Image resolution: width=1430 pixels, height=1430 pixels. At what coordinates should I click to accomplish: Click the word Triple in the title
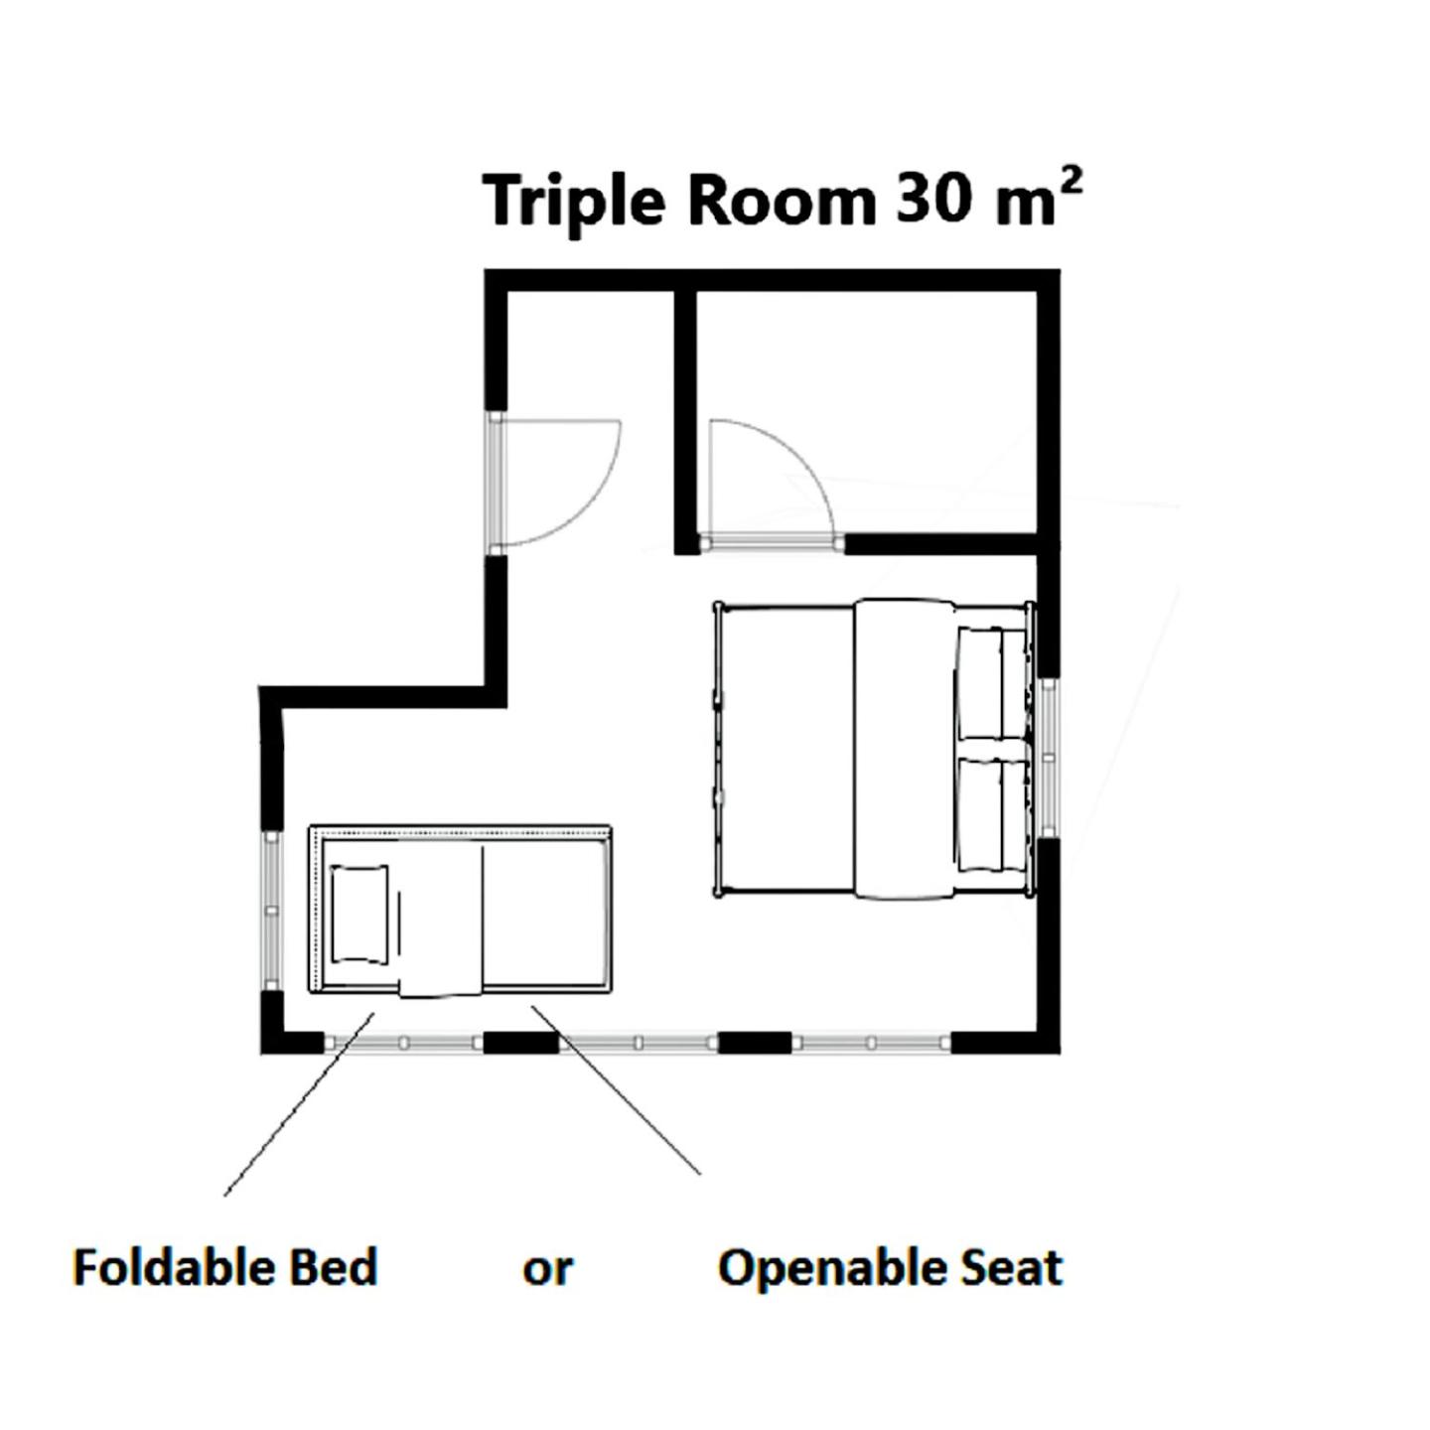click(571, 203)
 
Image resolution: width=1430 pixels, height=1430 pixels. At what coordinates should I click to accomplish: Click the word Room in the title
click(783, 201)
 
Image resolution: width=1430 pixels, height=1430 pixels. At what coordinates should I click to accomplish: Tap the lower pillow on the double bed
click(991, 813)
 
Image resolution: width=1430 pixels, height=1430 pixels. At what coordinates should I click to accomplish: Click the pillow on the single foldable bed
click(359, 915)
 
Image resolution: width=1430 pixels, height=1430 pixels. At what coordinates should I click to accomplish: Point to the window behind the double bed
click(1048, 758)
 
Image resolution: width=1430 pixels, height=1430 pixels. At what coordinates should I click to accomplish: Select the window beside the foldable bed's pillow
click(271, 910)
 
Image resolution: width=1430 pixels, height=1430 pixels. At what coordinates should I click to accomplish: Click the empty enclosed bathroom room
click(866, 412)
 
